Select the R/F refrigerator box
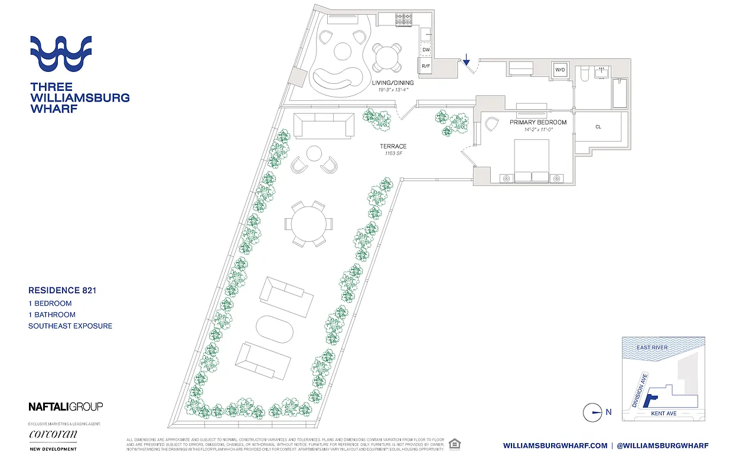pos(425,67)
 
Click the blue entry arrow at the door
pos(466,59)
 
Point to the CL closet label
pos(598,127)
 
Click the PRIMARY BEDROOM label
pos(537,122)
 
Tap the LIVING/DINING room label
pos(392,83)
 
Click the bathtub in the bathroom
pos(620,93)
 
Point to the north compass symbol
pos(592,412)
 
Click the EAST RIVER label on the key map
pos(652,348)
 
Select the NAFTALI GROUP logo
pos(66,407)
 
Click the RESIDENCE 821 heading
pos(62,290)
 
